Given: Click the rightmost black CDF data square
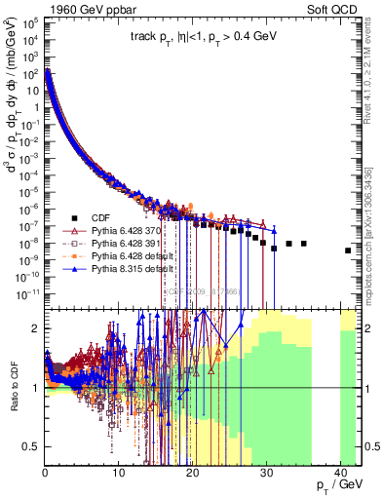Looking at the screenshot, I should coord(348,250).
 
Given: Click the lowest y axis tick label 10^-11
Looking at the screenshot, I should coord(28,291).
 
